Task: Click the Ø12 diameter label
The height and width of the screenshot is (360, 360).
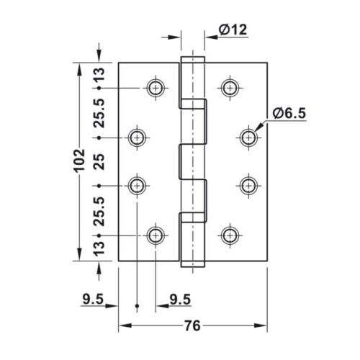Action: tap(233, 29)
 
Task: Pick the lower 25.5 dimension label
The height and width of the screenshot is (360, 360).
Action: tap(99, 210)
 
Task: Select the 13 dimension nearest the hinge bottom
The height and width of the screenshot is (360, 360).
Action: tap(99, 249)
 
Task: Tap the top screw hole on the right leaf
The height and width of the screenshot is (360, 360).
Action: tap(230, 88)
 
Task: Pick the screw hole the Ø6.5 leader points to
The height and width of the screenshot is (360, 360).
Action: tap(248, 137)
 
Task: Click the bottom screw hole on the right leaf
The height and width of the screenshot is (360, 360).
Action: tap(230, 235)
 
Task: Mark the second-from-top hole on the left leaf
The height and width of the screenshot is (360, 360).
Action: tap(137, 137)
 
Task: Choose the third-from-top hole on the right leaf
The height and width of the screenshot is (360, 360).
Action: tap(248, 185)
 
